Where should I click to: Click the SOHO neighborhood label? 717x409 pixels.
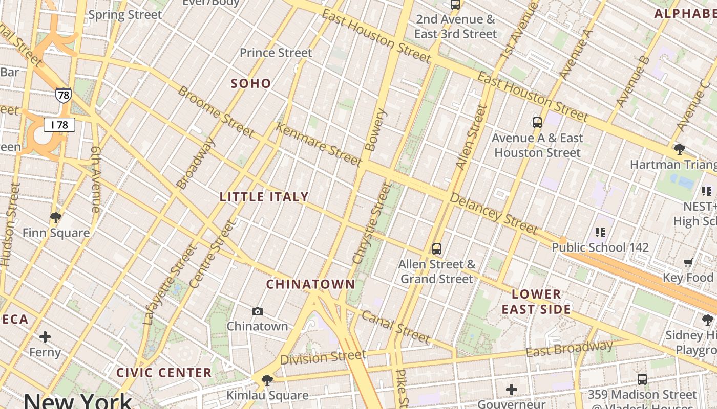coord(251,83)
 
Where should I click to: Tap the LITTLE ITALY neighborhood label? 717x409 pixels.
coord(264,197)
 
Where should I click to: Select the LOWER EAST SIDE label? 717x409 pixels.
coord(536,302)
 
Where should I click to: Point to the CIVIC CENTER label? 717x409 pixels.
coord(164,373)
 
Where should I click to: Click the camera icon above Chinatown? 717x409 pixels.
coord(258,311)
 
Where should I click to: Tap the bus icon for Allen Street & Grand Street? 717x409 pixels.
coord(436,249)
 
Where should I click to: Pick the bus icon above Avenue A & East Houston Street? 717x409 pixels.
coord(537,123)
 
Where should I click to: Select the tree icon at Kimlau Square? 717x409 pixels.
coord(267,380)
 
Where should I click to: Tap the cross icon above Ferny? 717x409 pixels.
coord(45,337)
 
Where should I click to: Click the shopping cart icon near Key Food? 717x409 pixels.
coord(688,263)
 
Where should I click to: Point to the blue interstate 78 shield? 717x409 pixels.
coord(64,95)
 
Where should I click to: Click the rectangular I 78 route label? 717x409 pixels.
coord(59,124)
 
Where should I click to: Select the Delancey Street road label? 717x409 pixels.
coord(494,213)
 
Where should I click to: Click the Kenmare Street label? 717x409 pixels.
coord(319,145)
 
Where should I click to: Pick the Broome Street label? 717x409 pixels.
coord(216,112)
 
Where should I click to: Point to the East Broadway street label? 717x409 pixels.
coord(569,349)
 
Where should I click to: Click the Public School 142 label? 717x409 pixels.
coord(600,247)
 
